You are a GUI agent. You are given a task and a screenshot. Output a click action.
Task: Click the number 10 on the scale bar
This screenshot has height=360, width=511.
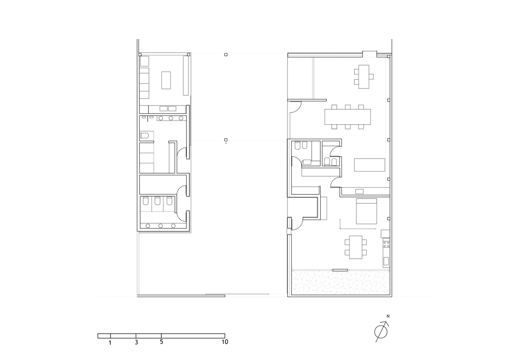click(225, 348)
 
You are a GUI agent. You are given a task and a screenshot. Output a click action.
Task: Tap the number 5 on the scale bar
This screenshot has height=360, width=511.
click(161, 348)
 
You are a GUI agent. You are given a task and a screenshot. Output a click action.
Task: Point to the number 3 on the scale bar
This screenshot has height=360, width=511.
click(136, 349)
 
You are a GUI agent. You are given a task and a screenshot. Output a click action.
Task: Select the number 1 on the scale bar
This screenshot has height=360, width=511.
click(110, 349)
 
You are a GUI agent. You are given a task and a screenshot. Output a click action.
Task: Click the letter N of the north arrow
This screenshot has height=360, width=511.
click(388, 316)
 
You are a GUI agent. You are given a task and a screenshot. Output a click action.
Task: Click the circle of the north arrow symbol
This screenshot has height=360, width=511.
click(381, 332)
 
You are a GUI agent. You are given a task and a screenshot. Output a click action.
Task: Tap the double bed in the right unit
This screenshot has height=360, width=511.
click(366, 211)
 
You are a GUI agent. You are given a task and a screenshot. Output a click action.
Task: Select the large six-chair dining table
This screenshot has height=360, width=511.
click(347, 117)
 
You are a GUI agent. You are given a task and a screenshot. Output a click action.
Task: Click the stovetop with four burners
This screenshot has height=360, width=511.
click(387, 244)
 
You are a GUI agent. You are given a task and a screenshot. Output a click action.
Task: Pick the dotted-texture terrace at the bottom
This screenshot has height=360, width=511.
click(341, 282)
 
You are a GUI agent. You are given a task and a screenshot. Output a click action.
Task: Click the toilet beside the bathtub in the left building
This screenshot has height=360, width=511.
click(144, 136)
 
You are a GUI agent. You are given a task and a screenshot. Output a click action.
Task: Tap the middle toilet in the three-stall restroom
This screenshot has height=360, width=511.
click(158, 200)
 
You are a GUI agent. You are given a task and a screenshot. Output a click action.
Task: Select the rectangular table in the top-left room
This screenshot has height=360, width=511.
click(166, 80)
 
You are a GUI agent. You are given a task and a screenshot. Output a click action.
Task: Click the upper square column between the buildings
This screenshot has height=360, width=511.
click(226, 55)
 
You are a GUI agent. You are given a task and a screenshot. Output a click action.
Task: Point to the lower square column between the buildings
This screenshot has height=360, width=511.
click(226, 140)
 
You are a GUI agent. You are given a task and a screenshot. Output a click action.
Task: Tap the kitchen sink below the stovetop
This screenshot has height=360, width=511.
click(386, 261)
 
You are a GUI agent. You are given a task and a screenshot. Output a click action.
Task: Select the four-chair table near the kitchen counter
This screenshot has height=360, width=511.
click(356, 247)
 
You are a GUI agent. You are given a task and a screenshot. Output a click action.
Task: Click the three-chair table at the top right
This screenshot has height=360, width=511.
click(364, 77)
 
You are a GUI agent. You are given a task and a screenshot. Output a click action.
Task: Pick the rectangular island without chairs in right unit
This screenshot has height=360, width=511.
click(370, 165)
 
